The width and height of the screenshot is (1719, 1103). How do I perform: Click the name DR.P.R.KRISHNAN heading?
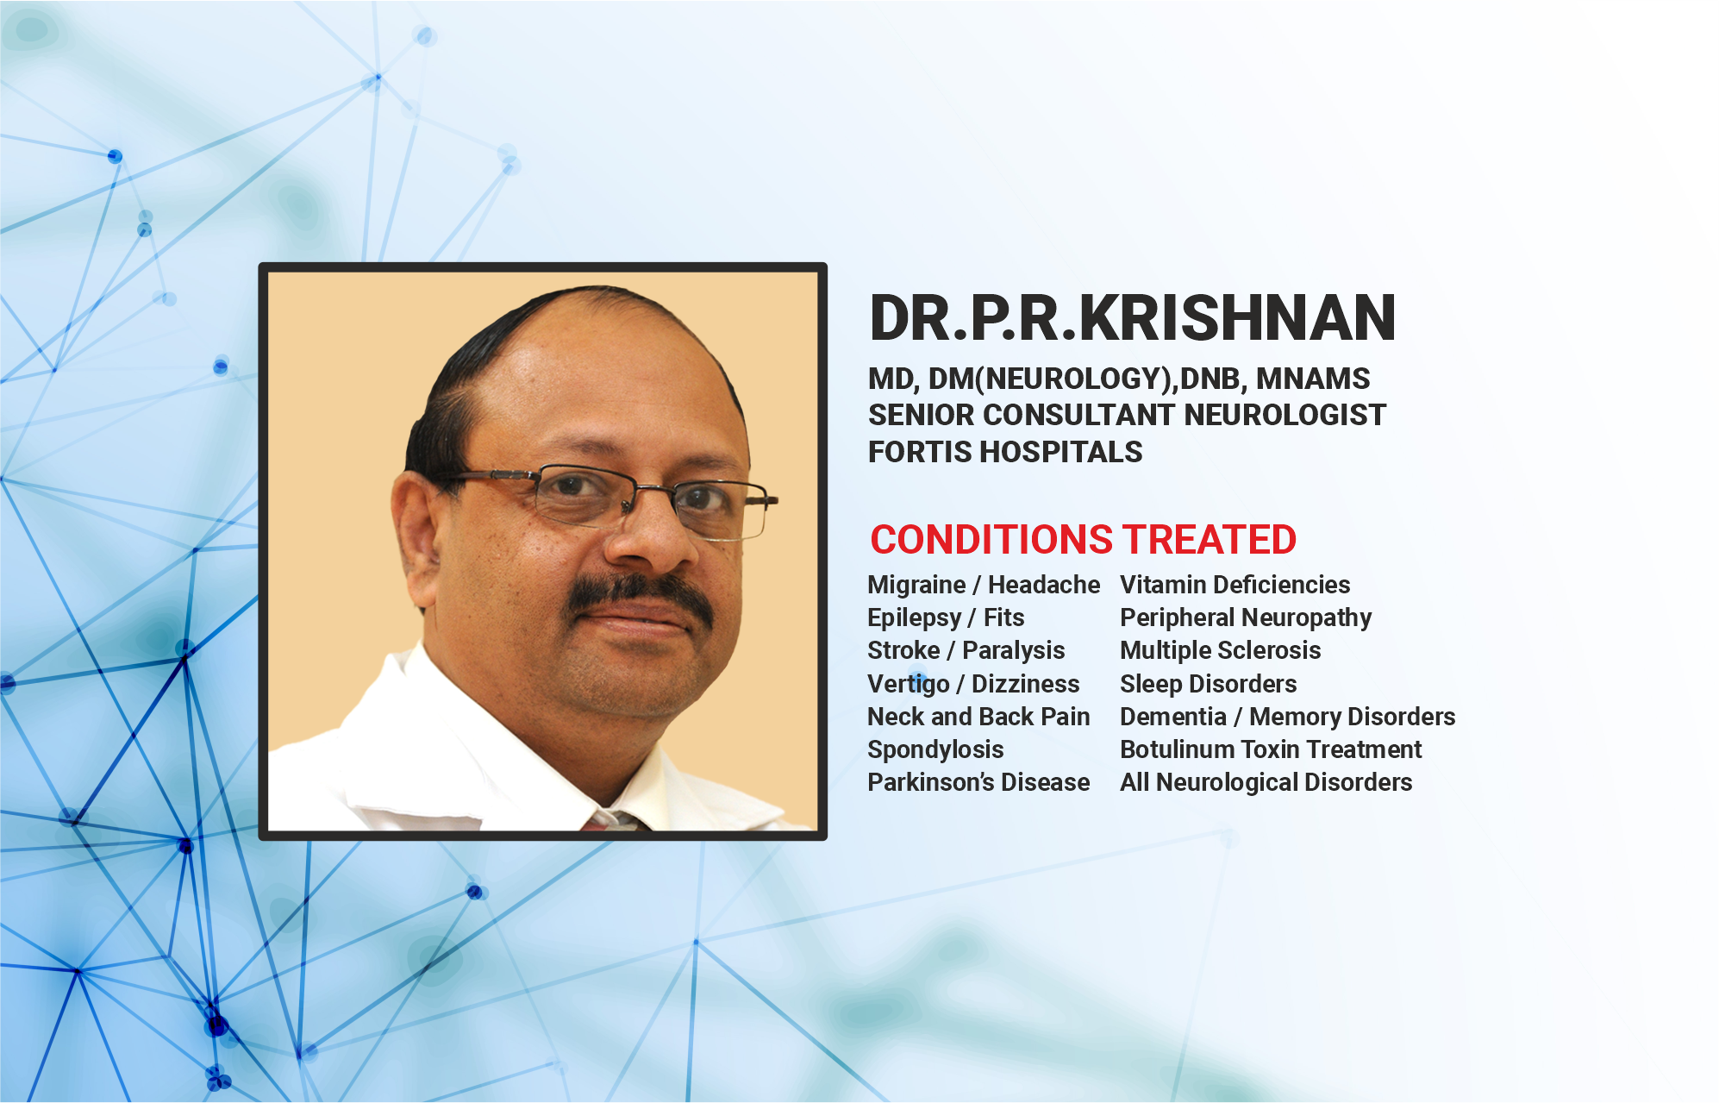pos(1132,317)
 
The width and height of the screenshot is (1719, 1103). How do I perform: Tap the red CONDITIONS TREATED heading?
pos(1083,540)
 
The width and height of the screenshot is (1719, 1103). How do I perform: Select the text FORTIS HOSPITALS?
pos(1005,452)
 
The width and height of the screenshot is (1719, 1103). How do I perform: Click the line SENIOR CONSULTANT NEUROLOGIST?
pos(1127,415)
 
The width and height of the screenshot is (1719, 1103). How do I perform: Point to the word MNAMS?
pos(1313,379)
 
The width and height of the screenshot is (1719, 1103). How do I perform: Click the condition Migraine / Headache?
pos(984,585)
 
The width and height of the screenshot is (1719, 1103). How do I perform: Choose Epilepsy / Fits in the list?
pos(946,618)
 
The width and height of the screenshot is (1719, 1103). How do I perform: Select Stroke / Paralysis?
pos(966,651)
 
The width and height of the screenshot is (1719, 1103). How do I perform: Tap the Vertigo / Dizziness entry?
pos(973,684)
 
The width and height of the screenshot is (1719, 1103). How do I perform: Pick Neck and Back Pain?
pos(978,717)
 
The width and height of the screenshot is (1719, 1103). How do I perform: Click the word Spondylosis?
pos(935,750)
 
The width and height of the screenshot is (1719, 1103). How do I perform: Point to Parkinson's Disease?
pos(978,782)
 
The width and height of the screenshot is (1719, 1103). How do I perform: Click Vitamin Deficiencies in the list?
pos(1235,585)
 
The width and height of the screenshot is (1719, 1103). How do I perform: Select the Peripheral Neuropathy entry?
pos(1246,618)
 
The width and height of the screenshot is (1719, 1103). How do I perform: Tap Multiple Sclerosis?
pos(1220,650)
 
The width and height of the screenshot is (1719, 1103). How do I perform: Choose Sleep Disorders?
pos(1208,684)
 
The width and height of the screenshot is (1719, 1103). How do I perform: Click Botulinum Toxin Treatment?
pos(1271,749)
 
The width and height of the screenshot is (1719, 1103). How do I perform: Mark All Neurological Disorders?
pos(1266,783)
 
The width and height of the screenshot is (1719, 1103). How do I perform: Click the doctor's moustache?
pos(639,597)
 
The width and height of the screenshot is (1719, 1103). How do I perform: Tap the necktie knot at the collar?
pos(614,820)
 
